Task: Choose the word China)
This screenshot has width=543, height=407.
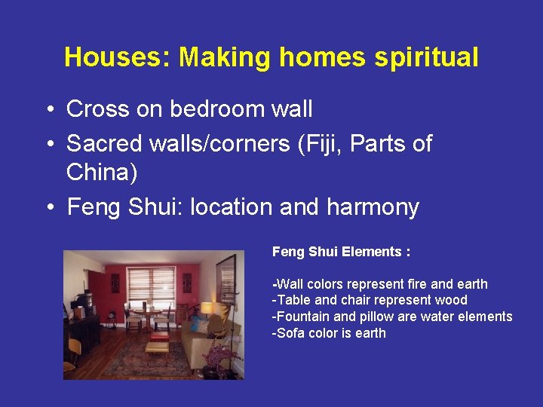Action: [x=102, y=173]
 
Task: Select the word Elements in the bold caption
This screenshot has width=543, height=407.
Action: [x=372, y=252]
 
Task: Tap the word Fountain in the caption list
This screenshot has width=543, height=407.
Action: [x=304, y=317]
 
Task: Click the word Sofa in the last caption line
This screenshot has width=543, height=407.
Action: [x=289, y=333]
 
